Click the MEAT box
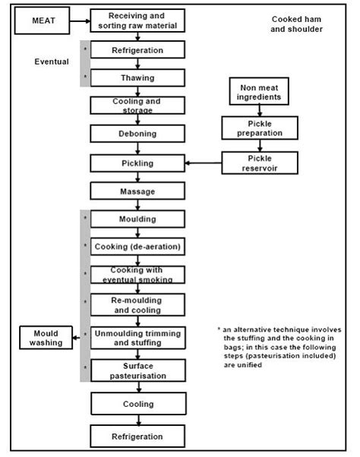coord(43,22)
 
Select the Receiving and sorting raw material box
coord(137,22)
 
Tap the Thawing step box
coord(137,77)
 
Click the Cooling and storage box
coord(137,105)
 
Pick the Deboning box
coord(137,134)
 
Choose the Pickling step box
coord(137,162)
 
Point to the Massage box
coord(137,191)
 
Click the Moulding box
coord(137,219)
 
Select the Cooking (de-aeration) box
coord(137,247)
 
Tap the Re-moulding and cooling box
coord(137,304)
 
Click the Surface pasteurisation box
coord(137,370)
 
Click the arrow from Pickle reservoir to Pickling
coord(204,162)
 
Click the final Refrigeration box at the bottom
coord(137,436)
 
